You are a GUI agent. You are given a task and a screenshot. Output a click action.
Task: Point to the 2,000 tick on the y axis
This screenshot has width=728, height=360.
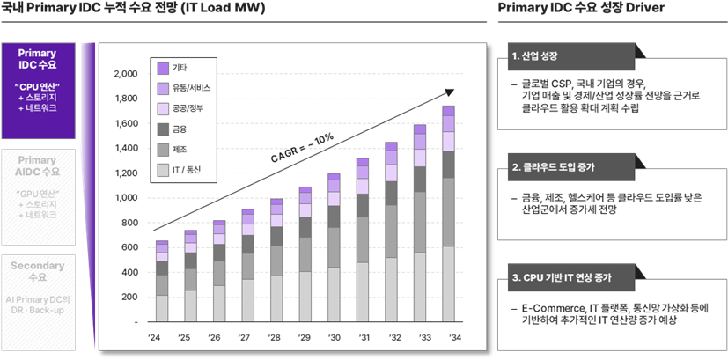pos(126,73)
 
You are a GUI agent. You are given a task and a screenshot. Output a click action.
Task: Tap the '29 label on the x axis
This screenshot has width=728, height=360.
pos(305,339)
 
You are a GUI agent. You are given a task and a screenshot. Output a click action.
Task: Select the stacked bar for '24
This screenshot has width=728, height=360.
pos(162,281)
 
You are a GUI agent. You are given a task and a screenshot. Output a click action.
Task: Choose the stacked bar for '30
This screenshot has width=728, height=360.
pos(334,247)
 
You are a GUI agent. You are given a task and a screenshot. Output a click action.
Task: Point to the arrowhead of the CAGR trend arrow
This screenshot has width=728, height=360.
pos(452,90)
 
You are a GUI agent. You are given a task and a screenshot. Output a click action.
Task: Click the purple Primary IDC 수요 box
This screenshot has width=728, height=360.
pos(37,87)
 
